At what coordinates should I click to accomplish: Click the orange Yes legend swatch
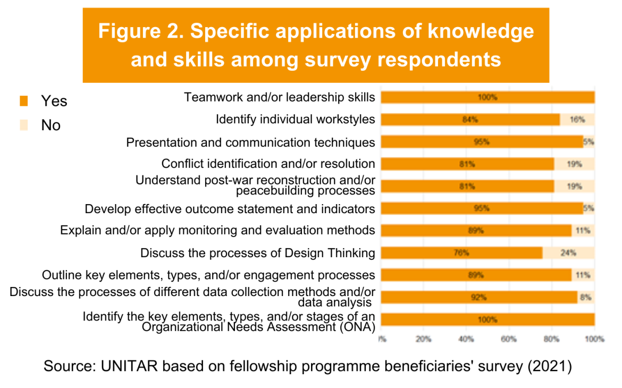coord(23,100)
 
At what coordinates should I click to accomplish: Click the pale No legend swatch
coord(23,125)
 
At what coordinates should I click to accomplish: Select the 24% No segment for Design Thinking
coord(568,253)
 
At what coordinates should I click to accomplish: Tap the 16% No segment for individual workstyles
coord(577,120)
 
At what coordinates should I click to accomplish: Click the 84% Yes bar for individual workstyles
coord(470,120)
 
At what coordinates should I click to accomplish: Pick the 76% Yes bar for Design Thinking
coord(461,253)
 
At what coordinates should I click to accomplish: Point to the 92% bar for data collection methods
coord(478,298)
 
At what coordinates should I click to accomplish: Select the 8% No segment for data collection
coord(586,298)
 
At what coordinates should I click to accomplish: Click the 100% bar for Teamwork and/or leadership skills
coord(487,97)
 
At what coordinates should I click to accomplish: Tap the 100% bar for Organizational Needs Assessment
coord(487,319)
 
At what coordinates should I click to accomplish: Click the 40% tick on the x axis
coord(466,339)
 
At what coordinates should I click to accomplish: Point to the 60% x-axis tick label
coord(509,339)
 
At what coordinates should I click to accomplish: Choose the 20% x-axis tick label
coord(423,339)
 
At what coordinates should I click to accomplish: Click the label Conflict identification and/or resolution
coord(268,164)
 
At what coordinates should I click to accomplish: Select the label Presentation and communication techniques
coord(250,142)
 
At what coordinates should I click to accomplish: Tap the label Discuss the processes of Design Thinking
coord(257,253)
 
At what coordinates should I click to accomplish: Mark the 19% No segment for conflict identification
coord(574,164)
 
